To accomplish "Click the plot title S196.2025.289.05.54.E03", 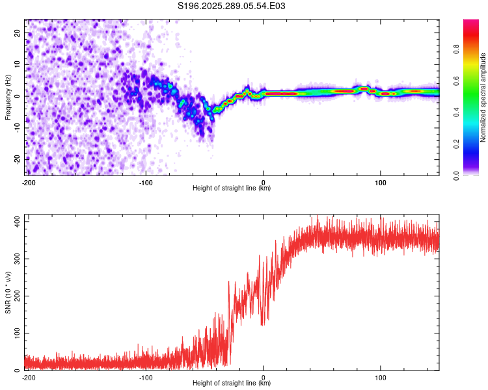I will [232, 6].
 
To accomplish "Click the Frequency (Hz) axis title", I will [8, 97].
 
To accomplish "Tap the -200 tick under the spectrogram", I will [28, 182].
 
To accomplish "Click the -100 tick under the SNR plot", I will [145, 378].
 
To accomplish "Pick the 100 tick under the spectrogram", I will [381, 182].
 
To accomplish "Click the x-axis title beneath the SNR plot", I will [232, 383].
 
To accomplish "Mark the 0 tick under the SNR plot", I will [263, 378].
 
